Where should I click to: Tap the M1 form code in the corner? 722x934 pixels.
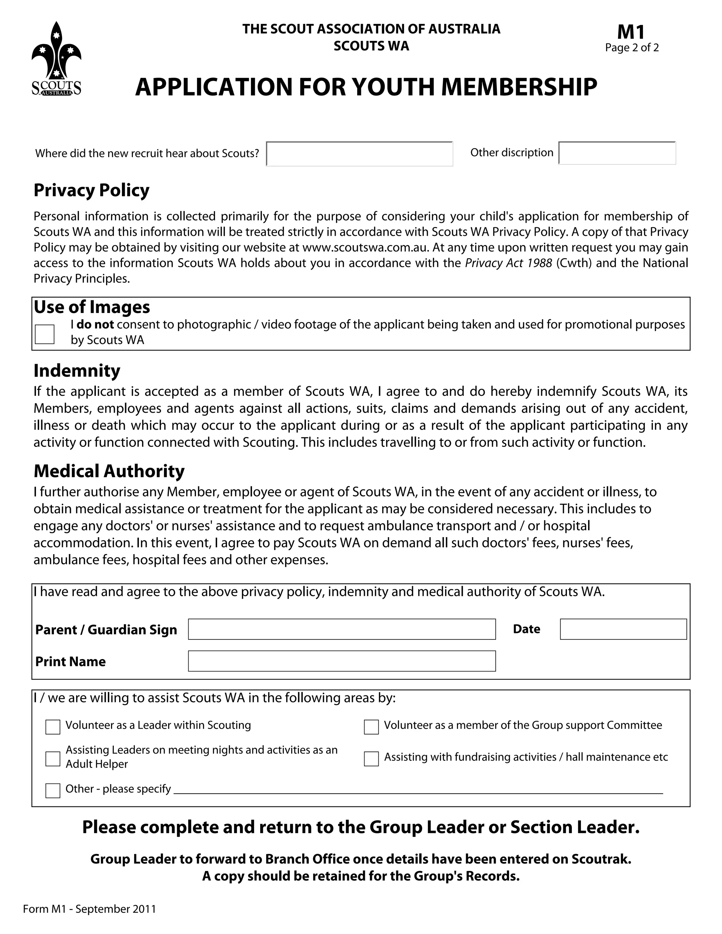click(631, 32)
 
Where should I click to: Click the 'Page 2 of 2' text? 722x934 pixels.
click(631, 48)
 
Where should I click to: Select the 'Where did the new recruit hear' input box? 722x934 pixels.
click(359, 154)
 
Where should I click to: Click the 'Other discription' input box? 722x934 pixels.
click(617, 153)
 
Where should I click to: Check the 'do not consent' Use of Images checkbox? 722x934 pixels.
click(44, 334)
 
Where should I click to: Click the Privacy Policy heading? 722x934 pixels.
click(92, 190)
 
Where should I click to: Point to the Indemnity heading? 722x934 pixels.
click(77, 370)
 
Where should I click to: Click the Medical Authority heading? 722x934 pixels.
click(109, 471)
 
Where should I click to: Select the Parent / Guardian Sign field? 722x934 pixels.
click(341, 629)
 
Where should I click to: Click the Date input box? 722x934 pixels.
click(623, 629)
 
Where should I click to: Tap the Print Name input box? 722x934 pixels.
click(341, 661)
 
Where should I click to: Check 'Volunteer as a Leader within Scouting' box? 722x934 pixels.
click(53, 727)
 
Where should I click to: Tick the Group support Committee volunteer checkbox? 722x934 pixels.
click(371, 727)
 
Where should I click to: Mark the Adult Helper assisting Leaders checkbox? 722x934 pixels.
click(53, 759)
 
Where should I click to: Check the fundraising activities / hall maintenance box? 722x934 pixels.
click(371, 759)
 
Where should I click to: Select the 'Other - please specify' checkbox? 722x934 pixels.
click(53, 790)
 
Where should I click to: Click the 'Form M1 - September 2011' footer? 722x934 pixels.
click(90, 909)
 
